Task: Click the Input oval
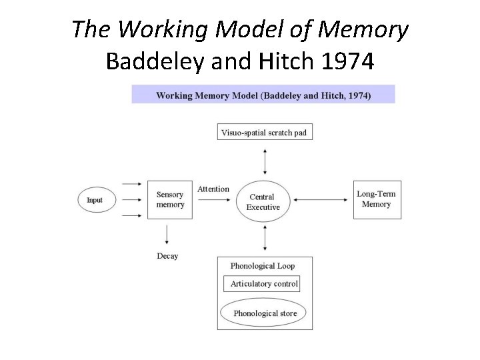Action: (x=97, y=199)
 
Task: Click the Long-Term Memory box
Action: (x=377, y=199)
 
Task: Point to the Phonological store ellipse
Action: (x=265, y=313)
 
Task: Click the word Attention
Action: (x=213, y=189)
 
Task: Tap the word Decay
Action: (x=167, y=256)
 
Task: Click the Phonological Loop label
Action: (x=262, y=266)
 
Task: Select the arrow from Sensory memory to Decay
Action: (x=167, y=235)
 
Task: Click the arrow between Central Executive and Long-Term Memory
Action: (x=323, y=199)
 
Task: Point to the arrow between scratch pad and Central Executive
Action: (x=265, y=161)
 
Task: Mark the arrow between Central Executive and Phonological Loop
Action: (x=265, y=237)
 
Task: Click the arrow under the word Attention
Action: (x=213, y=199)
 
